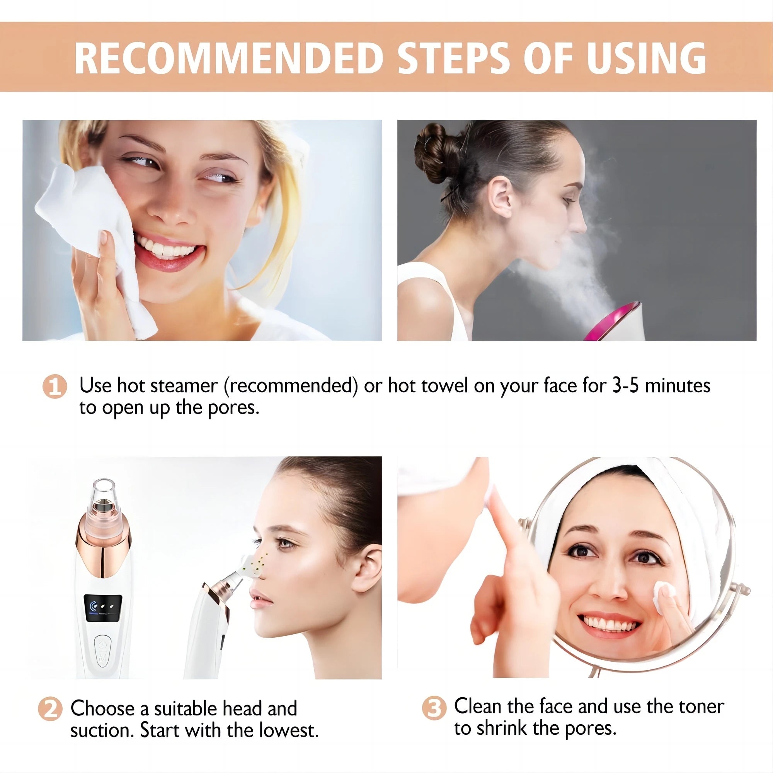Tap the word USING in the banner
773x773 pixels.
[646, 58]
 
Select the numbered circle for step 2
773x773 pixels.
[50, 709]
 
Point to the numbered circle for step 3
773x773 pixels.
[434, 708]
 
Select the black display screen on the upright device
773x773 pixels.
[102, 610]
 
